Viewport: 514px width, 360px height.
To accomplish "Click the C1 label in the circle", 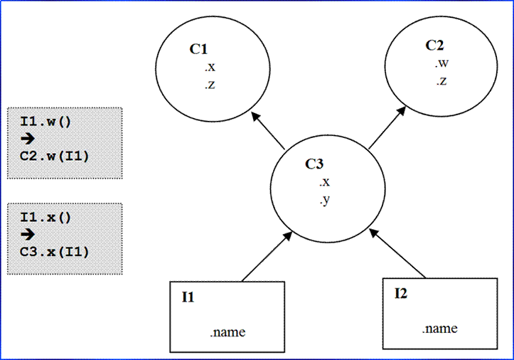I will (198, 49).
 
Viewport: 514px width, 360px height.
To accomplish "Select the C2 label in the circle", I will (434, 46).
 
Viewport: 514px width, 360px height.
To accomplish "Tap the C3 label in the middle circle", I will (315, 164).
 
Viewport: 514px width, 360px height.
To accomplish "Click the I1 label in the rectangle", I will (188, 297).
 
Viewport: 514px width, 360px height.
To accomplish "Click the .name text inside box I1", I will (228, 332).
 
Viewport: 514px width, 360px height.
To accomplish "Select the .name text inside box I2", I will (439, 329).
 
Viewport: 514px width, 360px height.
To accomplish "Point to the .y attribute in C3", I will (324, 201).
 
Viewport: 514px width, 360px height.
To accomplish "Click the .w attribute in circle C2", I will (442, 64).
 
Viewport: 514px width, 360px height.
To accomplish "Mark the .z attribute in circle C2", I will (441, 81).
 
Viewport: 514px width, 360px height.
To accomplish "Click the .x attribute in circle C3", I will (324, 182).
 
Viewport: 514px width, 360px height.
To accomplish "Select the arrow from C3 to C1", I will (269, 133).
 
